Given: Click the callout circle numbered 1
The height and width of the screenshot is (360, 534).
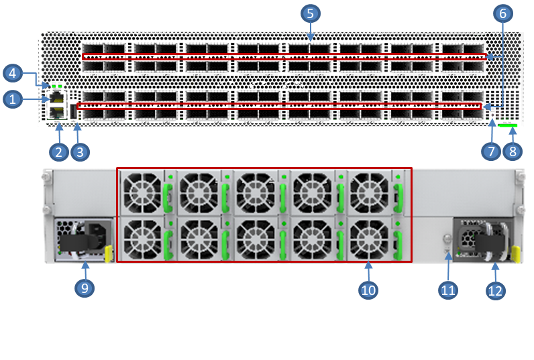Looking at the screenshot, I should (x=11, y=100).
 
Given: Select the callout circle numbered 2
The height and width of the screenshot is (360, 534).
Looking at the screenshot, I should (x=58, y=152).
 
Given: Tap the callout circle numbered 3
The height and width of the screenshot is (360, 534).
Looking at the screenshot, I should (x=80, y=152).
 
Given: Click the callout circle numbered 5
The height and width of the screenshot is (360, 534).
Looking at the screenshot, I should (x=310, y=13).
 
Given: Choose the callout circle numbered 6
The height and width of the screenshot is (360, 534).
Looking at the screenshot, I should (x=502, y=13).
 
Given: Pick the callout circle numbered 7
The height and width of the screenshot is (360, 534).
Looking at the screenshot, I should (x=490, y=152).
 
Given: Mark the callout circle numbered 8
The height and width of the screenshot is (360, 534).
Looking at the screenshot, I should (x=513, y=152).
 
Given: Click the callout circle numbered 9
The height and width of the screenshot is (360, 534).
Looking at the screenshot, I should (x=85, y=288).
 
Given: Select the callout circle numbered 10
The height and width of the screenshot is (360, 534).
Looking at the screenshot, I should (x=368, y=290).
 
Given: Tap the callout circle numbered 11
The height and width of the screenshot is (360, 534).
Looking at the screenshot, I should (x=448, y=290).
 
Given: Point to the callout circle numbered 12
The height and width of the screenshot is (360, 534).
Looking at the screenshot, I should (x=495, y=290).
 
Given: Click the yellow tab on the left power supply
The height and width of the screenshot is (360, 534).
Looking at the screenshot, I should (x=108, y=253).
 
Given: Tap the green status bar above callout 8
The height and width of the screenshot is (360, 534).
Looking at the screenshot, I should (x=508, y=125).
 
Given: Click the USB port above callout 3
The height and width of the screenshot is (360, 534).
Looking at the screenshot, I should (x=73, y=111).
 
